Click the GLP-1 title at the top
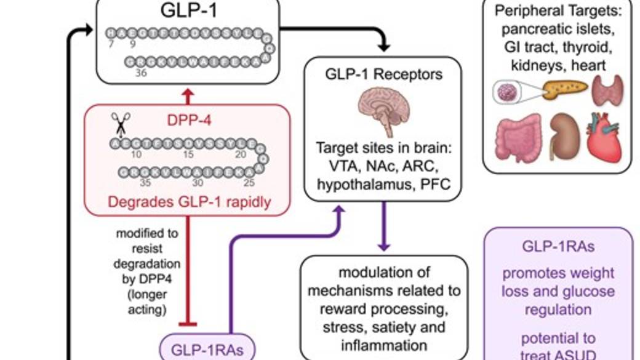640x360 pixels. pyautogui.click(x=187, y=10)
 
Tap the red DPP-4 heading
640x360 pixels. pyautogui.click(x=187, y=121)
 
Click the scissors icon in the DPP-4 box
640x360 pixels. pyautogui.click(x=118, y=123)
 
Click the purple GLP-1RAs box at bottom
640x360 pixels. pyautogui.click(x=200, y=349)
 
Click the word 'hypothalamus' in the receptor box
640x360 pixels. pyautogui.click(x=357, y=183)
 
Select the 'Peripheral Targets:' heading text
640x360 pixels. pyautogui.click(x=558, y=11)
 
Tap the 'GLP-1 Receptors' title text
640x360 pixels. pyautogui.click(x=383, y=75)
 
